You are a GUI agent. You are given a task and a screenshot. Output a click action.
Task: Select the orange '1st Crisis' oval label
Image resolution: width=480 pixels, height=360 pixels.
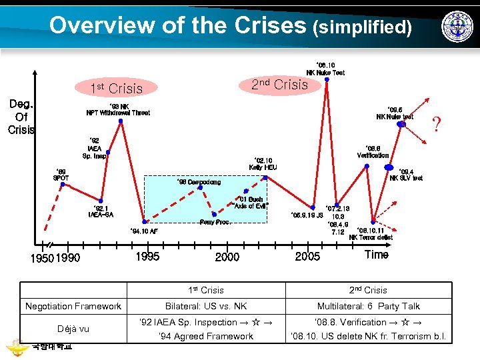pyautogui.click(x=117, y=88)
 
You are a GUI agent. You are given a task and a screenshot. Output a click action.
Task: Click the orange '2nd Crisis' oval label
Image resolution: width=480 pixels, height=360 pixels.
pyautogui.click(x=279, y=85)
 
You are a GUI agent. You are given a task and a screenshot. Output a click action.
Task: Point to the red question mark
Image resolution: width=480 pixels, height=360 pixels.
pyautogui.click(x=437, y=123)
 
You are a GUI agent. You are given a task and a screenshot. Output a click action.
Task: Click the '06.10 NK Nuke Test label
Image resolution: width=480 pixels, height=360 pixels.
pyautogui.click(x=325, y=69)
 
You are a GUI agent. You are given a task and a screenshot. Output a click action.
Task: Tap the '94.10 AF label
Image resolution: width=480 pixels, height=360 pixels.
pyautogui.click(x=143, y=231)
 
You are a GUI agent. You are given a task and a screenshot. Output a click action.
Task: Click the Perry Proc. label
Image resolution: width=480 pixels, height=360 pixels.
pyautogui.click(x=215, y=222)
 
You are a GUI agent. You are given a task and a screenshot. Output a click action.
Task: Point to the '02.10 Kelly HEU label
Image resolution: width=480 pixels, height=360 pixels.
pyautogui.click(x=263, y=163)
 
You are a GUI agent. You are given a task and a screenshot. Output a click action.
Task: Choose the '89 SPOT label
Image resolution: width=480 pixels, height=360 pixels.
pyautogui.click(x=61, y=175)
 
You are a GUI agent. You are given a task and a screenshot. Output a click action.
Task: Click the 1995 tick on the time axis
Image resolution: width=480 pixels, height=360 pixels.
pyautogui.click(x=147, y=257)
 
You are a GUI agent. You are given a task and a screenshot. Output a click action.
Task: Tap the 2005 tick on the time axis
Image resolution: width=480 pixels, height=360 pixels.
pyautogui.click(x=307, y=257)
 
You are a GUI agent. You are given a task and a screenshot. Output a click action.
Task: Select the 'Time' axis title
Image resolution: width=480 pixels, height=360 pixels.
pyautogui.click(x=376, y=255)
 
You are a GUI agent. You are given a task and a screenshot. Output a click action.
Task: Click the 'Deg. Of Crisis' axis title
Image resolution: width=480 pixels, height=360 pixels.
pyautogui.click(x=21, y=117)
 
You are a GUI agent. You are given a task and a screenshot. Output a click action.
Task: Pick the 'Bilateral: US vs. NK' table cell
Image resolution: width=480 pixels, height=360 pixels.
pyautogui.click(x=206, y=306)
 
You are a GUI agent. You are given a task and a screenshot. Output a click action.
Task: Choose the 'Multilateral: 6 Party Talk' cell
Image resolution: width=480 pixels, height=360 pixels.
pyautogui.click(x=368, y=306)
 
